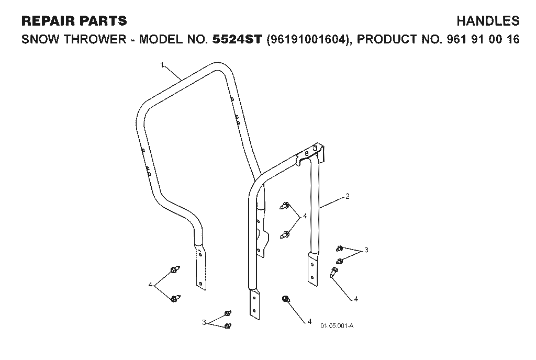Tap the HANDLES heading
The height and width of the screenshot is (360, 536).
pos(488,21)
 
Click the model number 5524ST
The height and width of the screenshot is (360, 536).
pos(237,39)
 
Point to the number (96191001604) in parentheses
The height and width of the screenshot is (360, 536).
pos(309,39)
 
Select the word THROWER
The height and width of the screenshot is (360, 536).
pos(95,39)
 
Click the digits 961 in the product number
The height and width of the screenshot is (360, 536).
pos(457,39)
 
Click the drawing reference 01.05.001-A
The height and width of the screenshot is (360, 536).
pos(337,325)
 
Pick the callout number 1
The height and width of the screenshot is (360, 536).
pos(162,64)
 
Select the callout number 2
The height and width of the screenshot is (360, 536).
pos(348,196)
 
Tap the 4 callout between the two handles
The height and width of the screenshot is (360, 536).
pos(305,216)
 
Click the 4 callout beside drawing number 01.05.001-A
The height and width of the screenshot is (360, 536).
pos(309,321)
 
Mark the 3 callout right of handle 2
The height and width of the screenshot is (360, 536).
pos(366,250)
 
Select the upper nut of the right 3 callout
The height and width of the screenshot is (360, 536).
pos(340,248)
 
